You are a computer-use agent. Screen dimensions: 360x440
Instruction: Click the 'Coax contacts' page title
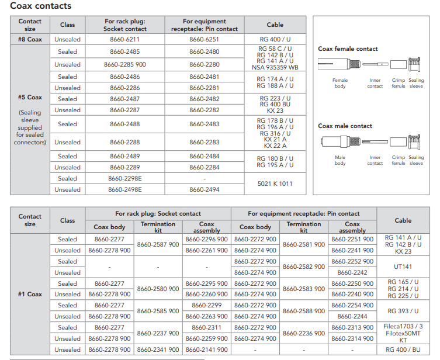[x=41, y=6]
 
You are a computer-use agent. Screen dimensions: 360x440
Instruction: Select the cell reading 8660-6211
[x=124, y=40]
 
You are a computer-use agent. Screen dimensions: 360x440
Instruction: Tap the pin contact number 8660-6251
[x=205, y=40]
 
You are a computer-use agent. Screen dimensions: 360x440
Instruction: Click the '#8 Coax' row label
[x=30, y=40]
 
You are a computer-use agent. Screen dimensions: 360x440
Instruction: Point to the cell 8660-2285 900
[x=124, y=65]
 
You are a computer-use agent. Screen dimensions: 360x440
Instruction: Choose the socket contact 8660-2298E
[x=124, y=178]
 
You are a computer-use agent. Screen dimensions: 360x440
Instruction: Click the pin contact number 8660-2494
[x=205, y=189]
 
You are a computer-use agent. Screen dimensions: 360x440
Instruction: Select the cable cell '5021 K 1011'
[x=275, y=184]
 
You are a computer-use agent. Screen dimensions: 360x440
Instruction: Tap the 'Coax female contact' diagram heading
[x=348, y=49]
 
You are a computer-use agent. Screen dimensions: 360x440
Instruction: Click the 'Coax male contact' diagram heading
[x=345, y=126]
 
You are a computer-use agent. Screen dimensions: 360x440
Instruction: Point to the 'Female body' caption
[x=340, y=83]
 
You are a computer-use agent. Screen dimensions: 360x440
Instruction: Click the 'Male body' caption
[x=340, y=160]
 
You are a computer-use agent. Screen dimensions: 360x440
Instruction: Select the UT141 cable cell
[x=403, y=267]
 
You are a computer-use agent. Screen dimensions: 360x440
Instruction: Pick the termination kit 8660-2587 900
[x=158, y=245]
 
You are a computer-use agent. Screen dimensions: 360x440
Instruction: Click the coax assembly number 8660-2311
[x=206, y=328]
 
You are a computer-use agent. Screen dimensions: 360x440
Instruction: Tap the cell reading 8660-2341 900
[x=158, y=349]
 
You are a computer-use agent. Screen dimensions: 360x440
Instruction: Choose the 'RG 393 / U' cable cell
[x=403, y=311]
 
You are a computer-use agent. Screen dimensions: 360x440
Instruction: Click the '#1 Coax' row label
[x=30, y=295]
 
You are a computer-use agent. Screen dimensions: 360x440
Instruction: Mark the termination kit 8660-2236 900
[x=304, y=333]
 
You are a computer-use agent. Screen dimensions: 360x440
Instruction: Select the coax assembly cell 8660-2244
[x=352, y=317]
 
